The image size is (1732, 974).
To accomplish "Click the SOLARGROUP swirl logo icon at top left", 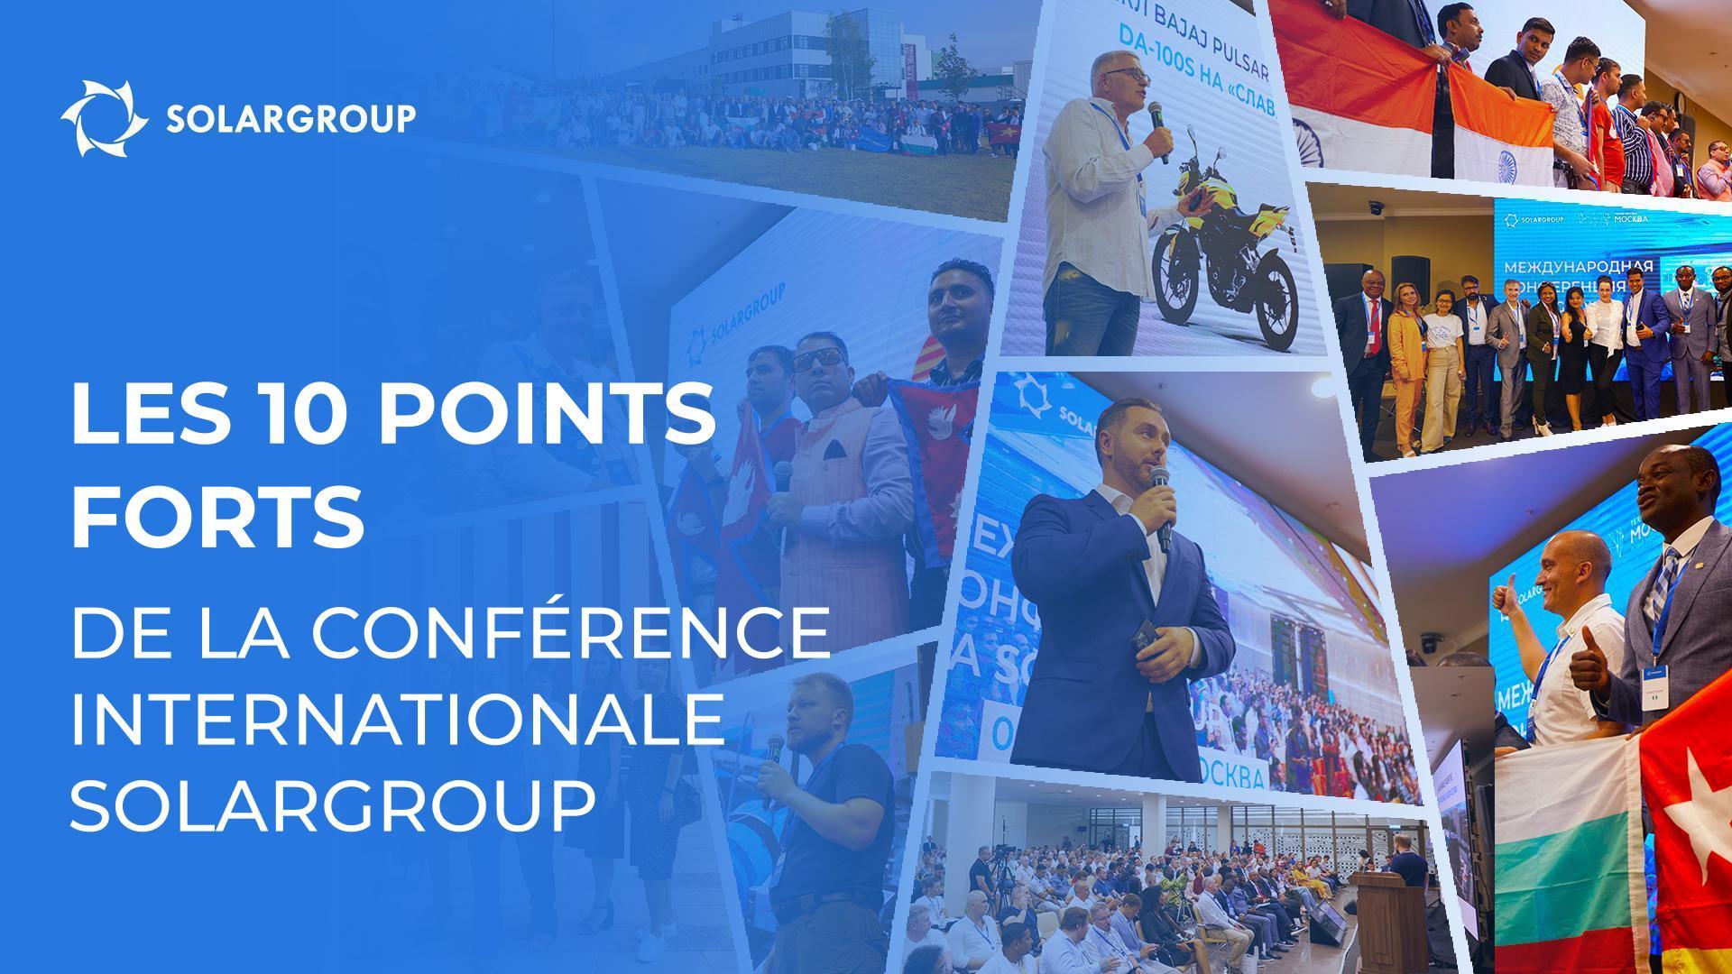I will [105, 118].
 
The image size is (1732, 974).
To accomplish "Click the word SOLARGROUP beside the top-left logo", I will [290, 119].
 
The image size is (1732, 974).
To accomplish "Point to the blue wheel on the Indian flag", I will [1507, 165].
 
